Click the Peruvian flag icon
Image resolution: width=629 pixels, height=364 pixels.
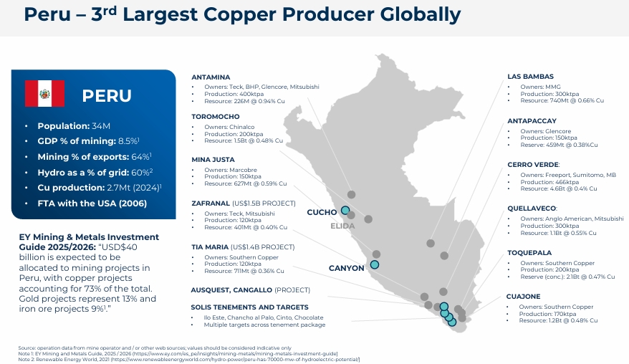pyautogui.click(x=44, y=94)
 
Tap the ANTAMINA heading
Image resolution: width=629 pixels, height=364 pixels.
pyautogui.click(x=211, y=77)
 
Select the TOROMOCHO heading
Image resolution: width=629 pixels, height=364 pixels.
pyautogui.click(x=216, y=117)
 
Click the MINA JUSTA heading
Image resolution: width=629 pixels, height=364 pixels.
pyautogui.click(x=213, y=160)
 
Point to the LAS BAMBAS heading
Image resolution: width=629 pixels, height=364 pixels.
pyautogui.click(x=530, y=77)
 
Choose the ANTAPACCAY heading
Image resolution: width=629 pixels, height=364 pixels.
pyautogui.click(x=532, y=121)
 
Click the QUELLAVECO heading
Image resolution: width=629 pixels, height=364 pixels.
pyautogui.click(x=532, y=209)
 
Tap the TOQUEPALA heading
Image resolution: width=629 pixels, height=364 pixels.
pyautogui.click(x=529, y=253)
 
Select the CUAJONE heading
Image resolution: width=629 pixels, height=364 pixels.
pyautogui.click(x=523, y=297)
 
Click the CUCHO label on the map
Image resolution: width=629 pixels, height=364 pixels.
pyautogui.click(x=322, y=212)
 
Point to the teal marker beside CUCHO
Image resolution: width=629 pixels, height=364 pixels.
pyautogui.click(x=345, y=210)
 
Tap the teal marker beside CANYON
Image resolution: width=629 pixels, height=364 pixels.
pyautogui.click(x=374, y=264)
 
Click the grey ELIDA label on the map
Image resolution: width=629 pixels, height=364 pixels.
pyautogui.click(x=342, y=226)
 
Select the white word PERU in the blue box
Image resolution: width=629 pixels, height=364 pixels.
pyautogui.click(x=107, y=96)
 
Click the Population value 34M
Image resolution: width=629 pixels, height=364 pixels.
pyautogui.click(x=101, y=126)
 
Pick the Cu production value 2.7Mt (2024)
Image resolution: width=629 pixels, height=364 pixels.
pyautogui.click(x=133, y=188)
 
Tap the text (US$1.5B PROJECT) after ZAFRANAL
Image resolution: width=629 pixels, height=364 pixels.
pyautogui.click(x=264, y=203)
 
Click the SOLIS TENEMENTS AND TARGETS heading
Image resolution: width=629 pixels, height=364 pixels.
pyautogui.click(x=249, y=307)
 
